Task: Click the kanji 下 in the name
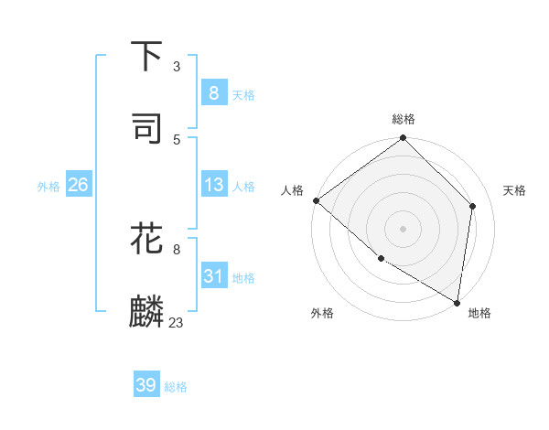147,56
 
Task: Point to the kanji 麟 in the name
147,312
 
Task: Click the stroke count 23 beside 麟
177,322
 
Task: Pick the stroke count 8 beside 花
177,249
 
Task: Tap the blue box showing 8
213,92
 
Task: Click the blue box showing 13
213,185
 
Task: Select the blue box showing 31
213,276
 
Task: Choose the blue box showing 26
78,185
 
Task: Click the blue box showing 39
146,385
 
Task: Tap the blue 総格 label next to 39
176,387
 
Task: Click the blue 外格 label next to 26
48,186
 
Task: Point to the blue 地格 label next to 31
243,278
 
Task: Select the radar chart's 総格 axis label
404,119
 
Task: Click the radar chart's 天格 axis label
514,190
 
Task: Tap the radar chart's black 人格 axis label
292,190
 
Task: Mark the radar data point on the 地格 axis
457,302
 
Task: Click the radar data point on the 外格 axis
381,259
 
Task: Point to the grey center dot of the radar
404,228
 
